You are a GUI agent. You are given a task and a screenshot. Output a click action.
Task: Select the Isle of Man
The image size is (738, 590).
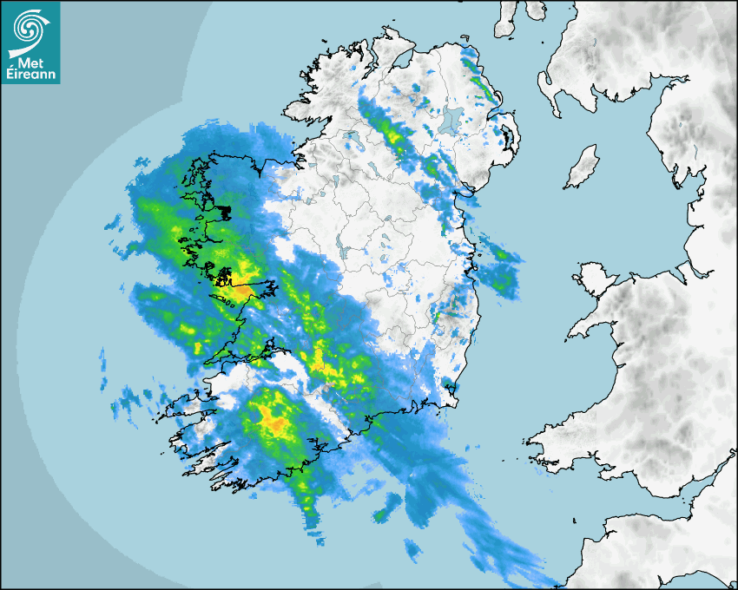[582, 167]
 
